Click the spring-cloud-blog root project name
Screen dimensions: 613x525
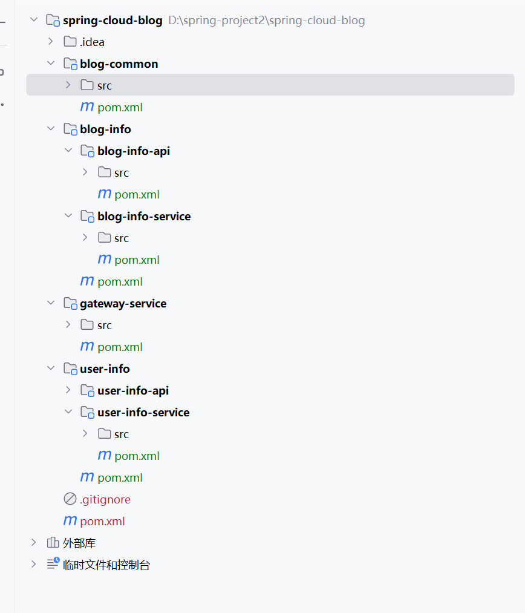tap(112, 21)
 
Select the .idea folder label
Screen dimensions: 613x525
tap(92, 42)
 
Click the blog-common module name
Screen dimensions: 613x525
tap(119, 64)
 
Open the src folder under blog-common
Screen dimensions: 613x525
tap(104, 86)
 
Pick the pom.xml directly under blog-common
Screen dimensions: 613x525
tap(120, 108)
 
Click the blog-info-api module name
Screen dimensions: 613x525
tap(133, 151)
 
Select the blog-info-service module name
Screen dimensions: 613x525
tap(143, 217)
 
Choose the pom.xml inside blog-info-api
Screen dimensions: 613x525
tap(137, 195)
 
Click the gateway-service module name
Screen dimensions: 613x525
tap(123, 304)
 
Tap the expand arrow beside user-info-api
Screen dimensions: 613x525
tap(68, 390)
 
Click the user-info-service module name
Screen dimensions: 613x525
tap(143, 413)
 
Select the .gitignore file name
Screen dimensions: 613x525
tap(105, 500)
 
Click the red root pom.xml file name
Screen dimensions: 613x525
tap(102, 522)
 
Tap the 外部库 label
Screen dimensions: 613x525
tap(79, 543)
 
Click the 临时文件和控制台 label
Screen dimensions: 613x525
tap(106, 565)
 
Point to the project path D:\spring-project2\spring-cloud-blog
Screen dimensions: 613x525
tap(267, 21)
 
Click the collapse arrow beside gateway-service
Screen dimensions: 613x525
tap(51, 303)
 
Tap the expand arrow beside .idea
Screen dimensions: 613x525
tap(51, 42)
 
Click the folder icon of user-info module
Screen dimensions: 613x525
tap(70, 369)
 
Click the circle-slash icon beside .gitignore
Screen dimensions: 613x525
tap(70, 499)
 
